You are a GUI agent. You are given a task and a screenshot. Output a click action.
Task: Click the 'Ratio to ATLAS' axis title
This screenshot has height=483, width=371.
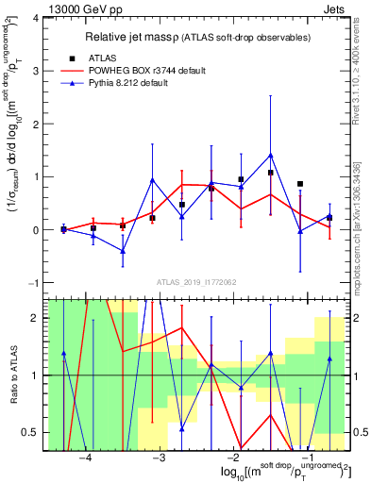(12, 375)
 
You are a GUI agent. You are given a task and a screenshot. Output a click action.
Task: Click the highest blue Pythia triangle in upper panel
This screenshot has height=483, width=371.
(271, 156)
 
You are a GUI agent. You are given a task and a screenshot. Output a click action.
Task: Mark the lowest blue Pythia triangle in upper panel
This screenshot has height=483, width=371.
(123, 251)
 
